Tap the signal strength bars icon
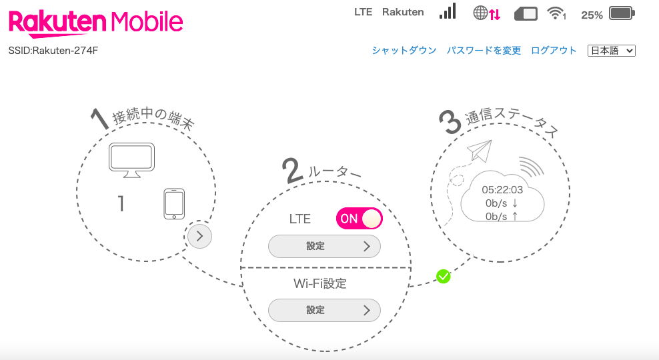[x=447, y=11]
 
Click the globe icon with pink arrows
[x=486, y=13]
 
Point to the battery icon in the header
[x=622, y=13]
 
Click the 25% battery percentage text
[x=592, y=14]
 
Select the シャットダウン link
[x=404, y=51]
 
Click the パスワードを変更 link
[x=484, y=51]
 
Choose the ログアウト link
[x=554, y=51]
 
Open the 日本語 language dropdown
[x=611, y=51]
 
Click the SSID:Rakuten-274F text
[x=53, y=51]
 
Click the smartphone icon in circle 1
[x=173, y=203]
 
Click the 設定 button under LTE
[x=324, y=247]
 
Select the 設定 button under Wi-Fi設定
[x=324, y=310]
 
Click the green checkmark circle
[x=443, y=276]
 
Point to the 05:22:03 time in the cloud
[x=502, y=190]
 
